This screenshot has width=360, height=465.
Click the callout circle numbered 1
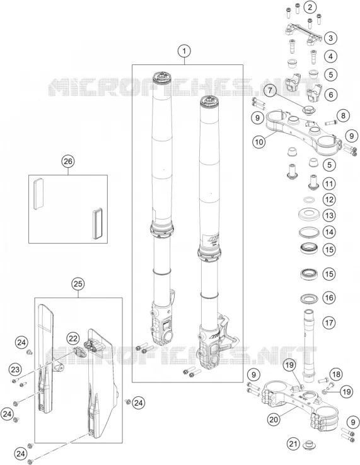(184, 51)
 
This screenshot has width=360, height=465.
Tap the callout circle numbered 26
(68, 162)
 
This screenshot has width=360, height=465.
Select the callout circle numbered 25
(78, 284)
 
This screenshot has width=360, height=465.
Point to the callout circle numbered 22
(73, 339)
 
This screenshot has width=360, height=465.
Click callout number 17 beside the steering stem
(329, 322)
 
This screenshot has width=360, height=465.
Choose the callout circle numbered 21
(293, 444)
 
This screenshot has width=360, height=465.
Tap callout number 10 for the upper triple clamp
(258, 142)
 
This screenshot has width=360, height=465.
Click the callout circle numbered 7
(270, 90)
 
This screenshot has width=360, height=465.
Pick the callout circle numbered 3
(330, 38)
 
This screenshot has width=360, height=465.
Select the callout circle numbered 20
(274, 420)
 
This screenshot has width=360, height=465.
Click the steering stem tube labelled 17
(308, 343)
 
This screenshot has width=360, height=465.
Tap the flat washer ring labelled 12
(310, 200)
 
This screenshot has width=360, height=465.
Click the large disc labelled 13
(309, 214)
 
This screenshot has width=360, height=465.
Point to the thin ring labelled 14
(309, 232)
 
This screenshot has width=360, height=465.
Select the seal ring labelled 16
(310, 298)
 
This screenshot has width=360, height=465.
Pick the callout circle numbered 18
(336, 374)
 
